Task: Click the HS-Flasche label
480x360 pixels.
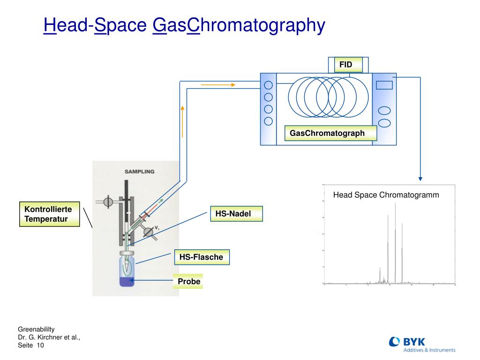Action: (x=202, y=257)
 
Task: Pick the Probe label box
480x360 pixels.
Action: (x=188, y=281)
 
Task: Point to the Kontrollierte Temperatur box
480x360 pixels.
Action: (x=49, y=214)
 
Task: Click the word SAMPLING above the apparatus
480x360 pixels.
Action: (x=139, y=172)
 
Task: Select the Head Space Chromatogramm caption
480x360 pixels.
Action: (x=386, y=195)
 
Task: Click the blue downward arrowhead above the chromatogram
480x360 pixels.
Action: (x=420, y=178)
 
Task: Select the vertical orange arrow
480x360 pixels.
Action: (x=182, y=121)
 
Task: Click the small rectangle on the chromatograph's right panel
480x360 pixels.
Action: (x=384, y=85)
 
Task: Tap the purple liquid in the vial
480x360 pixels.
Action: (x=127, y=282)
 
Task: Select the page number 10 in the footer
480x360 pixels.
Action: (x=40, y=345)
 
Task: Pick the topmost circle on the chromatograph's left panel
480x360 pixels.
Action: (x=268, y=85)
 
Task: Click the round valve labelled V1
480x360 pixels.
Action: (x=148, y=231)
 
